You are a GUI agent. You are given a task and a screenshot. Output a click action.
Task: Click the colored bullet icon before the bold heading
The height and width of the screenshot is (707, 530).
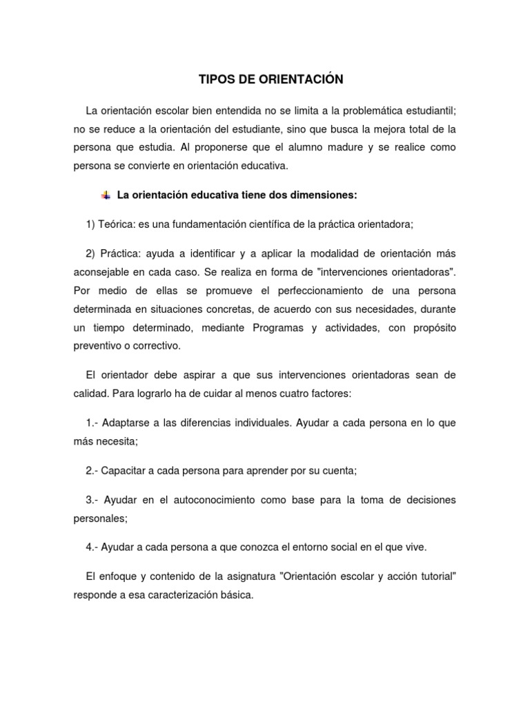[106, 195]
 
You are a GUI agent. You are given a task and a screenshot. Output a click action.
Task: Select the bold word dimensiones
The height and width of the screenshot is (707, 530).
[322, 195]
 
